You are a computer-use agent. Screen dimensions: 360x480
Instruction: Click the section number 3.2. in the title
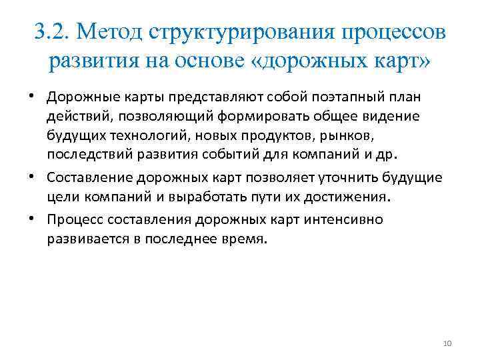tap(53, 31)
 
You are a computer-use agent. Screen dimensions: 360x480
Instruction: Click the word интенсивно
tap(341, 219)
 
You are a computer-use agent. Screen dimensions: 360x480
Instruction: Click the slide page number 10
tap(447, 343)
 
